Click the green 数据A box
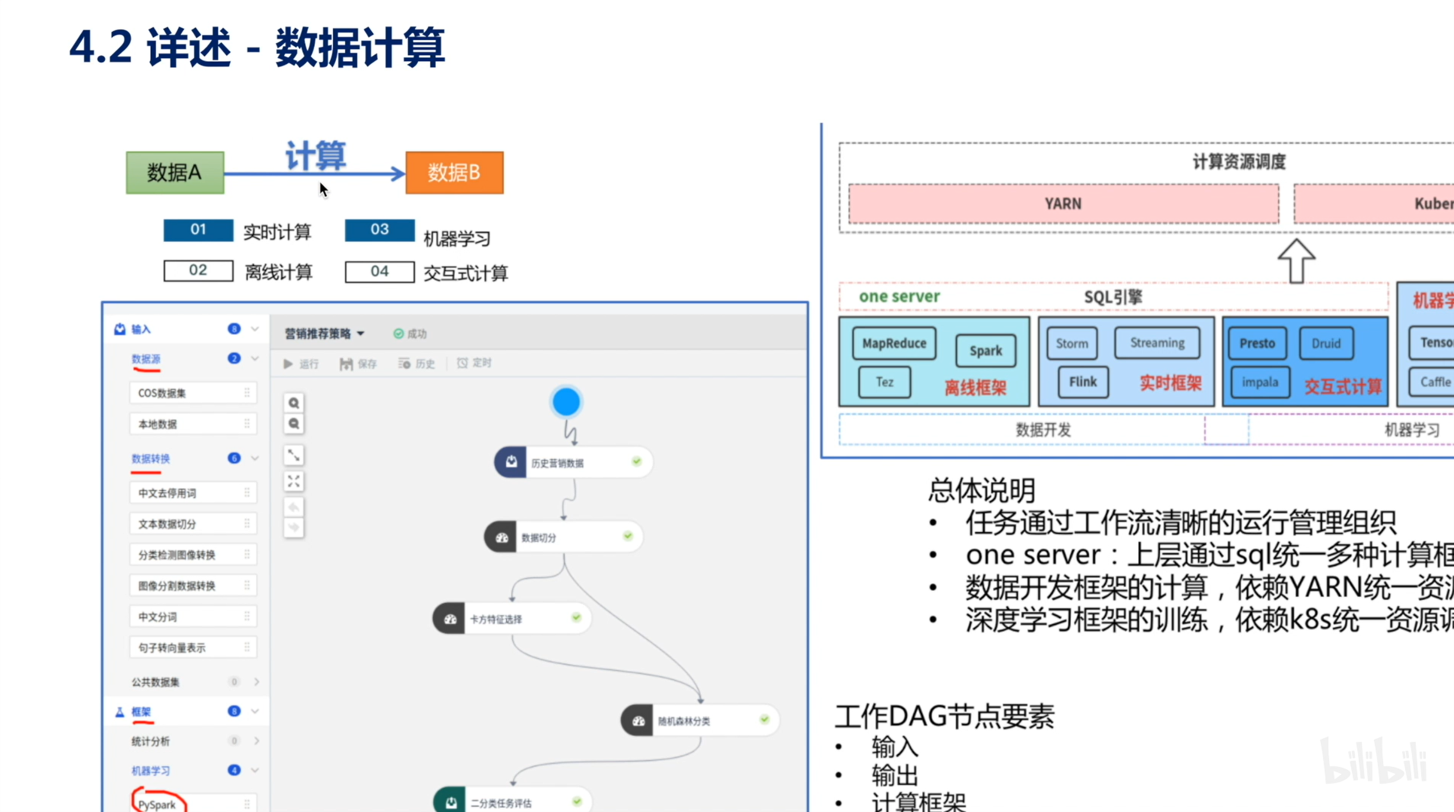point(175,172)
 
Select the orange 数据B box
point(454,172)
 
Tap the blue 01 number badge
point(198,230)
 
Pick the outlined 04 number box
point(380,271)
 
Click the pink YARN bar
point(1063,204)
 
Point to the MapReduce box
point(894,343)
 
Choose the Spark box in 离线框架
point(985,351)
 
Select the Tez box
point(885,382)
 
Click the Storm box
point(1072,343)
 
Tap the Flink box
point(1082,382)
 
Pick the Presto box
point(1257,343)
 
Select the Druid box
point(1326,343)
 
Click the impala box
point(1260,382)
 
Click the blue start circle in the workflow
point(566,402)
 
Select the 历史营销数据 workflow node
point(573,462)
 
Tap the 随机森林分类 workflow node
point(699,721)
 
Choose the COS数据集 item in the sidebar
point(193,393)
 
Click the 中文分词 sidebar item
point(193,617)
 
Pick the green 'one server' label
point(899,297)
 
